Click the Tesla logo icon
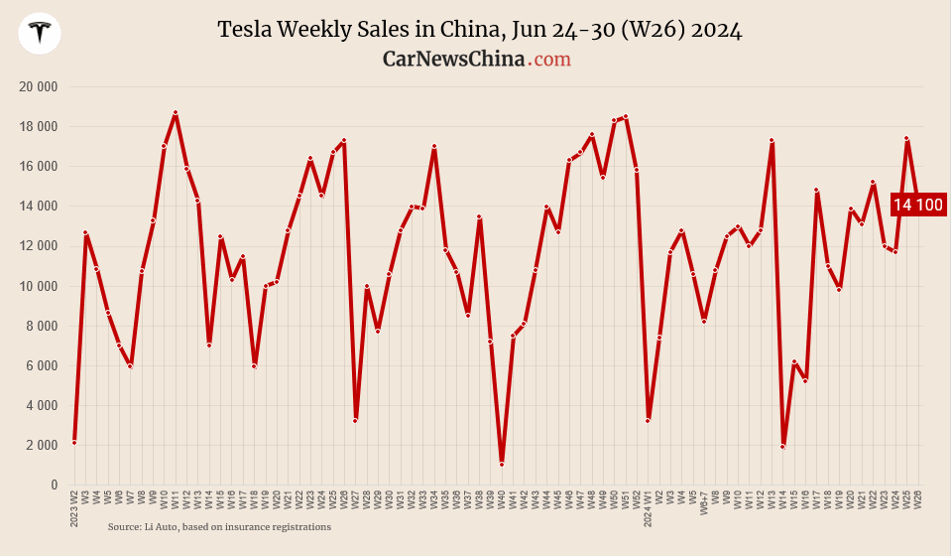point(40,34)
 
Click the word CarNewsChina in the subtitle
point(453,60)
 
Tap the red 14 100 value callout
point(918,206)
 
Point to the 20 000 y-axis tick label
point(39,87)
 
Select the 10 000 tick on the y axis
point(39,286)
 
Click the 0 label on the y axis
point(53,485)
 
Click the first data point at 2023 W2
point(74,442)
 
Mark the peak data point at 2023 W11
point(176,113)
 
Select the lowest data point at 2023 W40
point(502,464)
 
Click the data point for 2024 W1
point(649,420)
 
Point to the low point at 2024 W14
point(783,447)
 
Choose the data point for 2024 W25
point(906,138)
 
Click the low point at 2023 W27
point(355,420)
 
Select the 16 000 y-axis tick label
point(39,167)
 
